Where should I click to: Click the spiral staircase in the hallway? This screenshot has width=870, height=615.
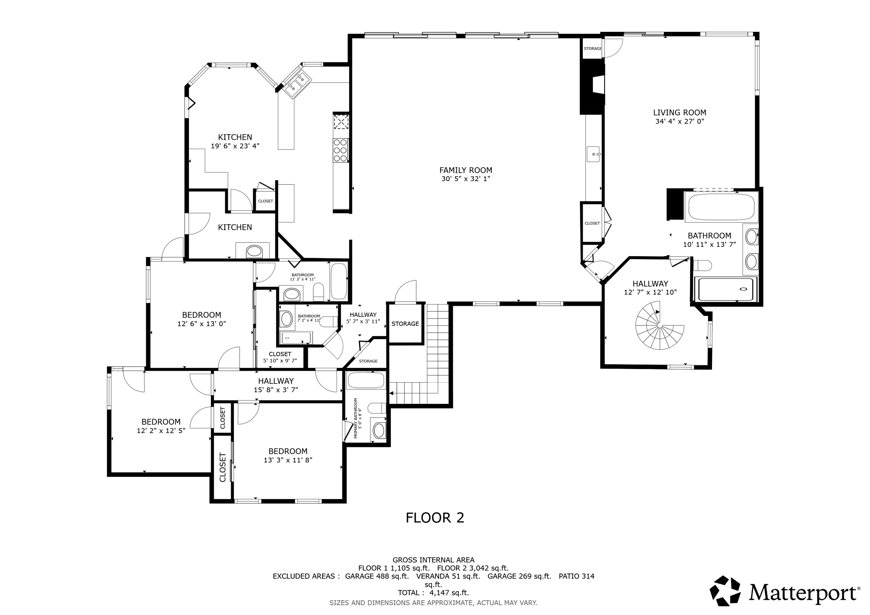pyautogui.click(x=660, y=325)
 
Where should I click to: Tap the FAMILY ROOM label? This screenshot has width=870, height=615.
pyautogui.click(x=466, y=170)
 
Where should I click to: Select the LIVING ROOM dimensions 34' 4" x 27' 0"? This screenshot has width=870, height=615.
pyautogui.click(x=679, y=121)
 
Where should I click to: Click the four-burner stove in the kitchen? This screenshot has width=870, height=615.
pyautogui.click(x=340, y=150)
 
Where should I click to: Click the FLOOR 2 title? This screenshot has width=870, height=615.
pyautogui.click(x=435, y=518)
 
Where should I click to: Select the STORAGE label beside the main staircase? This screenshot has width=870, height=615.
pyautogui.click(x=405, y=324)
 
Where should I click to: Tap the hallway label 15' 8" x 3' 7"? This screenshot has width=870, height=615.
pyautogui.click(x=276, y=389)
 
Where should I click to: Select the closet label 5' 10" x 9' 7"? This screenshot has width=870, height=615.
pyautogui.click(x=280, y=361)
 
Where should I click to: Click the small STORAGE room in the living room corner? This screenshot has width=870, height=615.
pyautogui.click(x=592, y=48)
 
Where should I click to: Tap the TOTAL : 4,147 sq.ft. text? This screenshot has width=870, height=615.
pyautogui.click(x=433, y=593)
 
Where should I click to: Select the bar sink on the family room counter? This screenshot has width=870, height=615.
pyautogui.click(x=593, y=154)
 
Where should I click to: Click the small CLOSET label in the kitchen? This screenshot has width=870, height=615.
pyautogui.click(x=266, y=201)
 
